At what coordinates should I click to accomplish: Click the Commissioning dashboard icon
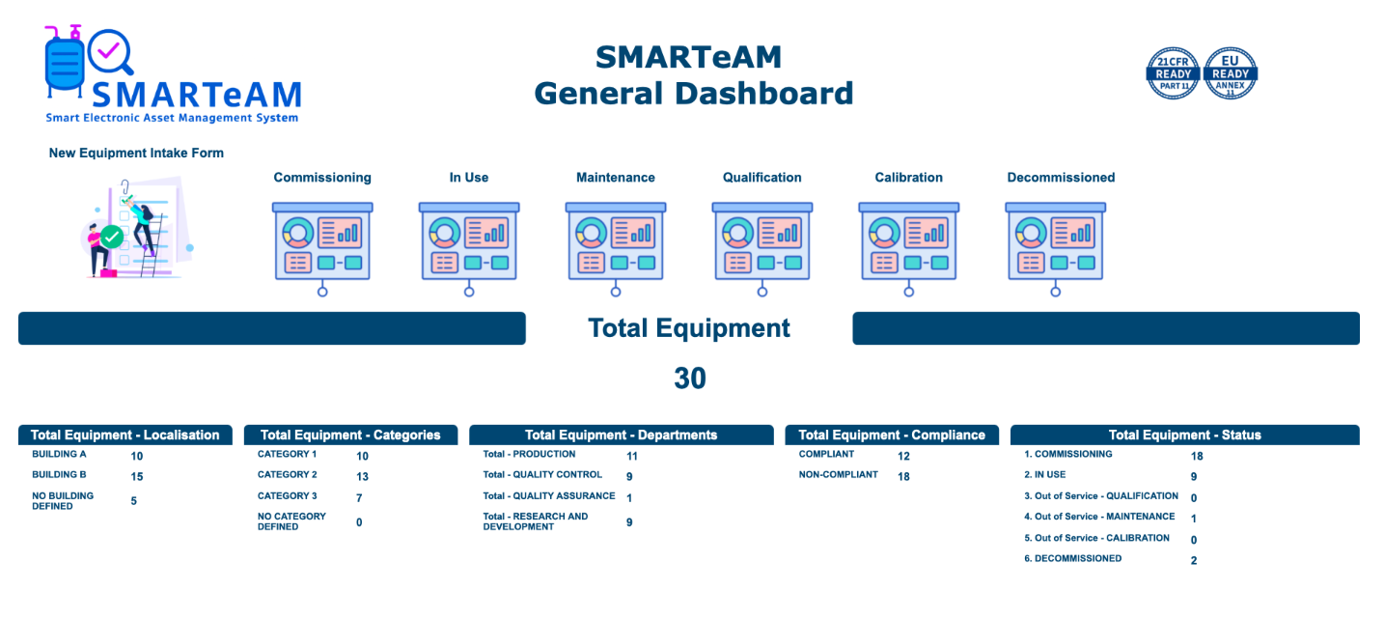[322, 248]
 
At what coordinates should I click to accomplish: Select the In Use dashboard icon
[469, 248]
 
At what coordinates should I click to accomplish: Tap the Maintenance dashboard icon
[616, 248]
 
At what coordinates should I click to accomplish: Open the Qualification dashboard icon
[761, 248]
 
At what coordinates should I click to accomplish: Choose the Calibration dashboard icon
[908, 248]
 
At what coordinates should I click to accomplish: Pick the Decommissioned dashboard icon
[1055, 248]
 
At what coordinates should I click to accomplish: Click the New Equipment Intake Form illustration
[137, 228]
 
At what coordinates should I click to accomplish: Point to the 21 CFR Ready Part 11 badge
[1173, 73]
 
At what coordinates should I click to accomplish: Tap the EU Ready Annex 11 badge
[1231, 73]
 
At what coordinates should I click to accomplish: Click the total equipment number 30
[689, 379]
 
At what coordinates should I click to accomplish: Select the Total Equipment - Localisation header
[125, 435]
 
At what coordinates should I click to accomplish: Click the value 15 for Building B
[136, 476]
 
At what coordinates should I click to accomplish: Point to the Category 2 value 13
[362, 476]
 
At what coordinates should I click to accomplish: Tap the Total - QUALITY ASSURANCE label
[548, 495]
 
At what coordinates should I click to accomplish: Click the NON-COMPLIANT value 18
[903, 476]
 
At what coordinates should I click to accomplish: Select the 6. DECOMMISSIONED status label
[1072, 558]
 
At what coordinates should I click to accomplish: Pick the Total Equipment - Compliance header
[892, 435]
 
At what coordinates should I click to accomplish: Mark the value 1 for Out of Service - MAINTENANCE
[1194, 519]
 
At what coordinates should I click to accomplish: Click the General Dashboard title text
[693, 94]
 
